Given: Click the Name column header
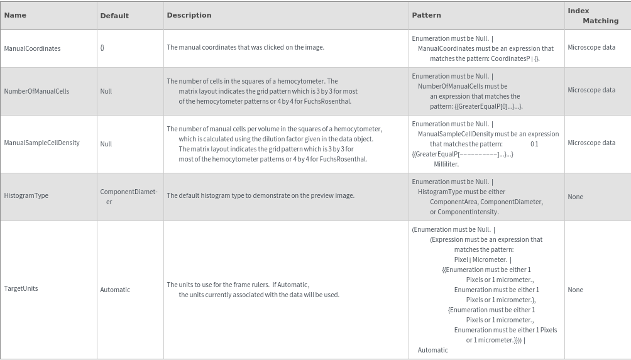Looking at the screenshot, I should [15, 15].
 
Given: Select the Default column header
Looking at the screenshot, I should [114, 16].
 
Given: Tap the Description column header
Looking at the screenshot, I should [189, 15].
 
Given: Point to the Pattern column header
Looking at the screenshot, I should [426, 15].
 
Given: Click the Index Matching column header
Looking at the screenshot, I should [593, 16].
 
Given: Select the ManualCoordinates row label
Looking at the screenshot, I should [32, 48].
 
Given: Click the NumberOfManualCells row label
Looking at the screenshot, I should [36, 91].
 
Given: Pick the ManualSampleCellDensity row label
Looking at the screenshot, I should [41, 143].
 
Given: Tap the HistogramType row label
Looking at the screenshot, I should [26, 195].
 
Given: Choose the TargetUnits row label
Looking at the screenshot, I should [21, 288].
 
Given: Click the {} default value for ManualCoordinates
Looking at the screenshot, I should [102, 48].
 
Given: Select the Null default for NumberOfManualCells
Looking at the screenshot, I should [106, 91].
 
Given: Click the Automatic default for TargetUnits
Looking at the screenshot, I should [115, 290].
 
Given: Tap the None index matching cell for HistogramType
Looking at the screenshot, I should [575, 197].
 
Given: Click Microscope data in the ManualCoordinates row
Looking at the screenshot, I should [591, 47].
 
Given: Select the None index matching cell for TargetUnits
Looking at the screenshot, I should [575, 290].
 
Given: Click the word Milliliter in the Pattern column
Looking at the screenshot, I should [446, 164].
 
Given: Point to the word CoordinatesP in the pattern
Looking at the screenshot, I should [512, 58].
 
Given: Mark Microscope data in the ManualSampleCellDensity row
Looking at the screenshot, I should [591, 143].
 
